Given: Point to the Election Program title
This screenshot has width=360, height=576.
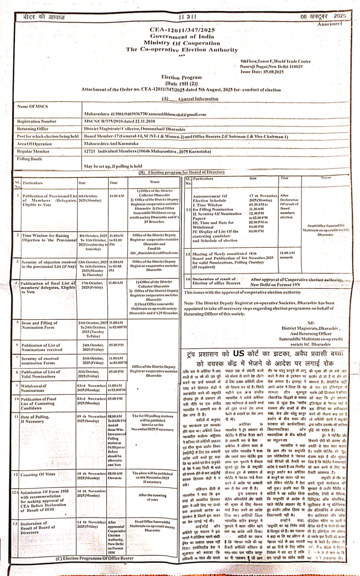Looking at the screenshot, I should [x=181, y=77].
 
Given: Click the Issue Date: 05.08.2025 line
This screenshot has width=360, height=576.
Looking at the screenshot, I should [x=262, y=72].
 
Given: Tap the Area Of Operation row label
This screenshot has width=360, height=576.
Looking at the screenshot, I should [x=35, y=144].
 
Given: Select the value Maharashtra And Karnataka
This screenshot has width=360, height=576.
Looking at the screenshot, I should [x=111, y=144].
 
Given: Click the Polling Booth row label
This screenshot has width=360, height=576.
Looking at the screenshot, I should [x=30, y=159].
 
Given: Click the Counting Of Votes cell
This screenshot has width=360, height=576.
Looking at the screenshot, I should [x=38, y=474].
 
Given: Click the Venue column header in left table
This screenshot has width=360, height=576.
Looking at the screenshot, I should [x=154, y=182].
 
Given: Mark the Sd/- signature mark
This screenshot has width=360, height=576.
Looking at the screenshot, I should [x=311, y=323].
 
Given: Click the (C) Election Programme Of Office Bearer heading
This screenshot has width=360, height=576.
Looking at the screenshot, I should [x=94, y=558].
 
